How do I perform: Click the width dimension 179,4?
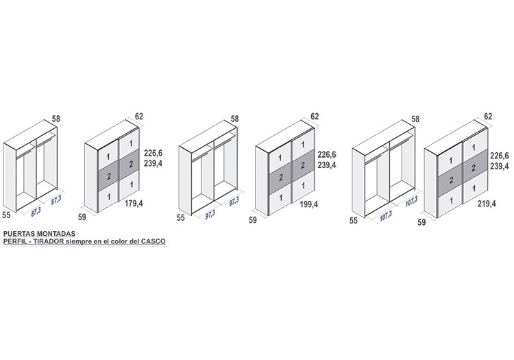pos(134,204)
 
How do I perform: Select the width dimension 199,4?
pos(309,204)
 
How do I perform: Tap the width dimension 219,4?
pos(487,204)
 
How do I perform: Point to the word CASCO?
pos(154,241)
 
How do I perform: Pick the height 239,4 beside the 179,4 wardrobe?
pos(153,163)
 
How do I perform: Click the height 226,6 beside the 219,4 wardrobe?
pos(500,156)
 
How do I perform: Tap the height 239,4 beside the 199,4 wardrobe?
pos(327,165)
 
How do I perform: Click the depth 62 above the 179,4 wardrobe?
pos(139,116)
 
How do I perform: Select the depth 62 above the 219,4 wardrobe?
pos(488,116)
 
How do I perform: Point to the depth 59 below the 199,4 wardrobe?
pos(253,220)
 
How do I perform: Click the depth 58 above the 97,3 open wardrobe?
pos(234,119)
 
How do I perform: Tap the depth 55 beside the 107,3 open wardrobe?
pos(354,221)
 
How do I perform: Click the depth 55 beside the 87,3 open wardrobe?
pos(6,215)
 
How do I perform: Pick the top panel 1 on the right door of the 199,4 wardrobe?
pos(303,145)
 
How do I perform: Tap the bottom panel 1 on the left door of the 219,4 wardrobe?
pos(451,200)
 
